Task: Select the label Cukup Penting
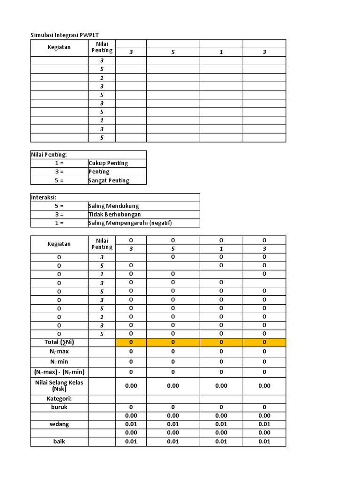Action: pos(108,163)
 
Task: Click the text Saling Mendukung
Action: pos(113,206)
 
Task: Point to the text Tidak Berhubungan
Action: pos(114,214)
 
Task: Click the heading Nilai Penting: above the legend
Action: pos(49,155)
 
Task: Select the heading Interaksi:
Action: pos(44,197)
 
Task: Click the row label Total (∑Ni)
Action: pos(59,342)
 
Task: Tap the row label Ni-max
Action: pos(59,351)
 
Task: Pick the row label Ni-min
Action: pos(59,361)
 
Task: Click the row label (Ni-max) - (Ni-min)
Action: pos(59,372)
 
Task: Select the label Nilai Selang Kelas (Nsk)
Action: pos(59,385)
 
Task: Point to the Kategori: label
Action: pos(59,398)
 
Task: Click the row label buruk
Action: pos(59,407)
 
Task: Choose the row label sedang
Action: pos(59,424)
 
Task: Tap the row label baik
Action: pos(59,441)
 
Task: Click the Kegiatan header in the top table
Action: pos(59,47)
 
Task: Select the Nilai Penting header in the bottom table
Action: pos(102,244)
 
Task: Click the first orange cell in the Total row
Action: pos(131,342)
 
